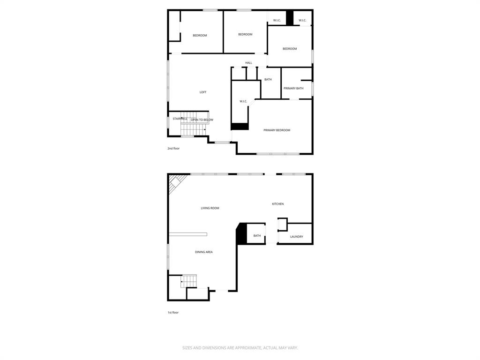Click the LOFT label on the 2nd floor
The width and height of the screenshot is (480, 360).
point(203,92)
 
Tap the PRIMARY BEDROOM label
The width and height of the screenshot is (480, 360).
point(277,130)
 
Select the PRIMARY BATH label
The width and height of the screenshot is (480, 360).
point(293,89)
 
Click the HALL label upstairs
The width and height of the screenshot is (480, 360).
point(248,63)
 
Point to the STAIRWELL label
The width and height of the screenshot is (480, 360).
point(180,119)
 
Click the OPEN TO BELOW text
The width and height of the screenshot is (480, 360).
point(202,120)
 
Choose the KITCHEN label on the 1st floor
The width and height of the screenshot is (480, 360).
point(278,204)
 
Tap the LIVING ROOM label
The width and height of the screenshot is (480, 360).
point(210,208)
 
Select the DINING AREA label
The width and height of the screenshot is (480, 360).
point(204,252)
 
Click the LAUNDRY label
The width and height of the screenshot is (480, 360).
point(296,237)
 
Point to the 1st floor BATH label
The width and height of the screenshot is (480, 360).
point(257,236)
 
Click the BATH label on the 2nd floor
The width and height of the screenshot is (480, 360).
point(268,80)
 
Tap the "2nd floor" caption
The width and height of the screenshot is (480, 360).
point(173,149)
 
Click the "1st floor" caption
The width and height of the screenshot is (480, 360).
point(173,313)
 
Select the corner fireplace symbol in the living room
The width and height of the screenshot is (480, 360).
point(176,182)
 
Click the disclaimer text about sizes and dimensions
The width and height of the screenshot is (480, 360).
point(240,348)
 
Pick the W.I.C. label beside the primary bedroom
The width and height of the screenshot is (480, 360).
point(243,101)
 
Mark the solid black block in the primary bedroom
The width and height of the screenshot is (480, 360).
point(240,126)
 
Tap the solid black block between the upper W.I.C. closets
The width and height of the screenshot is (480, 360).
point(290,18)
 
